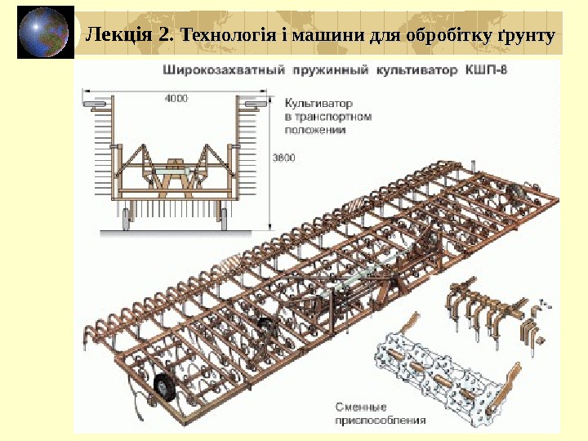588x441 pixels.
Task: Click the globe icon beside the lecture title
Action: (x=46, y=33)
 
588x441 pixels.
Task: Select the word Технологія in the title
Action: (x=222, y=36)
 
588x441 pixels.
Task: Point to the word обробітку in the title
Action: (x=446, y=36)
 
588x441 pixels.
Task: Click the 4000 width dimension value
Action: (x=176, y=99)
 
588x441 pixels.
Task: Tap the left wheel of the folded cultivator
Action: (x=128, y=216)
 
